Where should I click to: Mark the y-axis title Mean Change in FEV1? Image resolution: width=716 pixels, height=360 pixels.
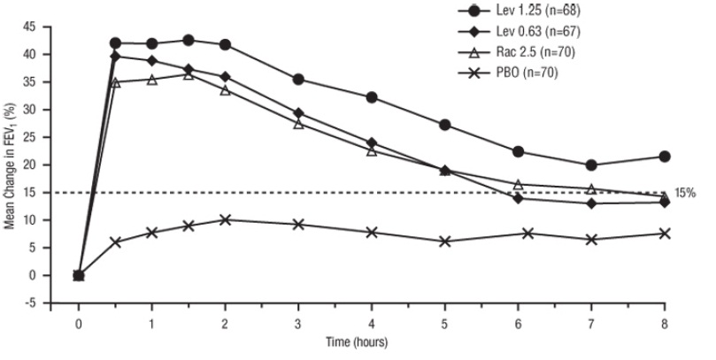(x=11, y=165)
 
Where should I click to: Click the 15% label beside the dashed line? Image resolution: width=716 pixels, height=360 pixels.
(x=687, y=193)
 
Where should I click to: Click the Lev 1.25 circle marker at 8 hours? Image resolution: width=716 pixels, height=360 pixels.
(x=665, y=157)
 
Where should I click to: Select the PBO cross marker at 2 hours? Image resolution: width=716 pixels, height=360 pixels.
(x=225, y=219)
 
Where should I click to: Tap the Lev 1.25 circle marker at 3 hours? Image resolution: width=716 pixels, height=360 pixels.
(x=298, y=80)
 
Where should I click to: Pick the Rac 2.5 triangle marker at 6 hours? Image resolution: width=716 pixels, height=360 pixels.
(x=519, y=184)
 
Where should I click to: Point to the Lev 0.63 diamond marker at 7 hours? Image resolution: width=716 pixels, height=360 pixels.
(x=591, y=203)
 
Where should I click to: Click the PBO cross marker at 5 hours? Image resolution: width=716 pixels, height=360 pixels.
(x=445, y=241)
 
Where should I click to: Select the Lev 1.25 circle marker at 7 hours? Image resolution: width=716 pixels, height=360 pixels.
(x=591, y=165)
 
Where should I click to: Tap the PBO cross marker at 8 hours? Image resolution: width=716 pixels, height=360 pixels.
(x=665, y=234)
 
